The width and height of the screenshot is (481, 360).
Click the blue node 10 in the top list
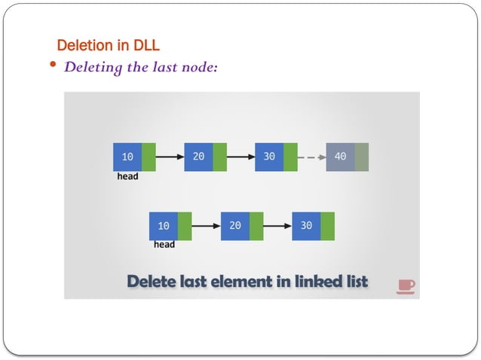(x=127, y=157)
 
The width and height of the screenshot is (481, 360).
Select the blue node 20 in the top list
(x=198, y=157)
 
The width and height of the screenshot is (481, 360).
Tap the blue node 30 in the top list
(x=269, y=157)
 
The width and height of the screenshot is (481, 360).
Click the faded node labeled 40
(x=340, y=157)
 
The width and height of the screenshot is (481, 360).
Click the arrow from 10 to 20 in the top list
(x=170, y=157)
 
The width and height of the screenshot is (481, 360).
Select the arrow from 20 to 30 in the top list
(x=240, y=157)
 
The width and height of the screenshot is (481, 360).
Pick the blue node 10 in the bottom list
(x=164, y=226)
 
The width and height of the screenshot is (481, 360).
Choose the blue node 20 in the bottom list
(x=234, y=226)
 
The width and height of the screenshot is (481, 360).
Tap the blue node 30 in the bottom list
(x=306, y=226)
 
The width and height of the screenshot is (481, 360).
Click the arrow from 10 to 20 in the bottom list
(x=206, y=226)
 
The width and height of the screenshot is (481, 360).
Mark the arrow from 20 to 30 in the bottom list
(x=277, y=226)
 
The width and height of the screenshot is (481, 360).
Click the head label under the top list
(x=127, y=177)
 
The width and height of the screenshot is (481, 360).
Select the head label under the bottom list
(x=164, y=245)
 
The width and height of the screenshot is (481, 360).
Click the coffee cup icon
(x=406, y=285)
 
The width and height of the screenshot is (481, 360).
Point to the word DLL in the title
(x=146, y=45)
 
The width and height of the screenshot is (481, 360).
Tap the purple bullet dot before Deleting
(x=53, y=66)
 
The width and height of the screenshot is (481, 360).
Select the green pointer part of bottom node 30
(x=327, y=226)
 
